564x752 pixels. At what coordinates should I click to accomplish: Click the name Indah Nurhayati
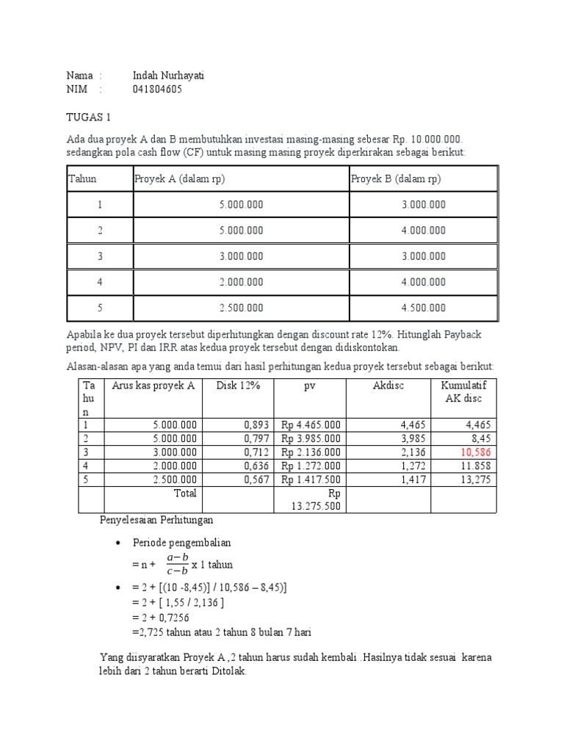coord(168,76)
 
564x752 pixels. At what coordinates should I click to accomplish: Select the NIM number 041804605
coord(157,90)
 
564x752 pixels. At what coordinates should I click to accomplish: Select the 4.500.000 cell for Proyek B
coord(423,308)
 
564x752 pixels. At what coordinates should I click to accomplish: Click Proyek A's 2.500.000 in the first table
coord(240,308)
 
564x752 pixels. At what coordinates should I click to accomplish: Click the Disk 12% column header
coord(238,386)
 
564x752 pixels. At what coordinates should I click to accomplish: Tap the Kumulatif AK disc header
coord(463,392)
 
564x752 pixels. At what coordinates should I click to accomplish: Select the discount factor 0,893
coord(258,424)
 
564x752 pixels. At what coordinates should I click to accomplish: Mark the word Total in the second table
coord(184,493)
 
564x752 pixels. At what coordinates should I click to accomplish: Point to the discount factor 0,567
coord(258,480)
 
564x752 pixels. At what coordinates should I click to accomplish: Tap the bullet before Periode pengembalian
coord(117,543)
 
